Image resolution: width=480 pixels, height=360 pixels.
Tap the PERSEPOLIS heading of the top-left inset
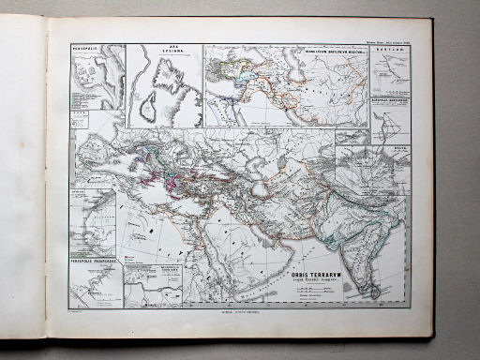click(87, 42)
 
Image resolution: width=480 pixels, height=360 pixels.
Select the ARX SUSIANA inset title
click(164, 49)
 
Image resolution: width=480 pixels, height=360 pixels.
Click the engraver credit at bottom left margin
click(79, 309)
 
